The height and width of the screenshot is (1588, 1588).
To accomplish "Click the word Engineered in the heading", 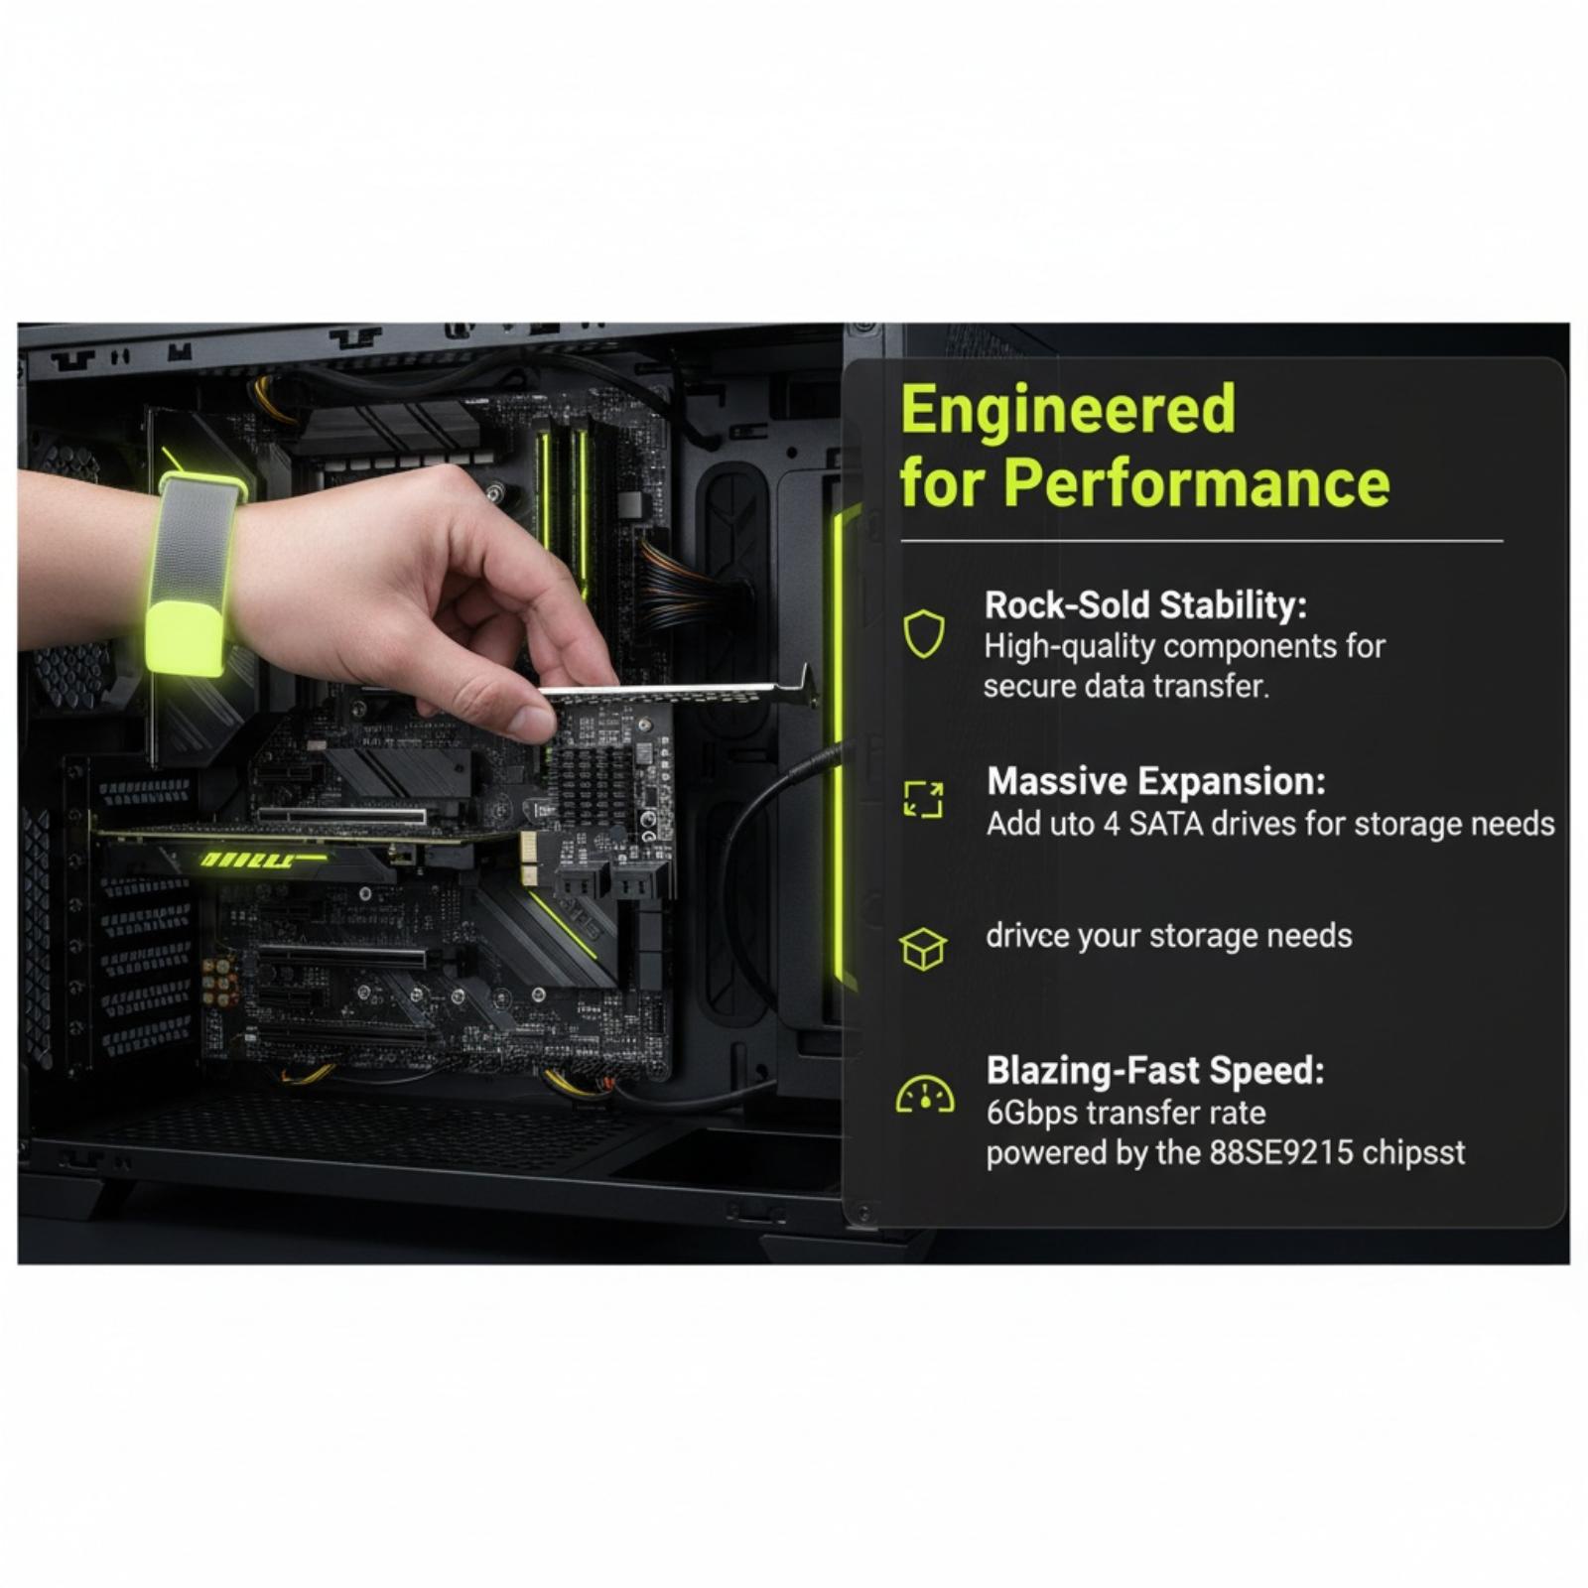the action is pyautogui.click(x=1068, y=409).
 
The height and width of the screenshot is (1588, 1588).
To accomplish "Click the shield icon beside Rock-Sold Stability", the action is pyautogui.click(x=923, y=633).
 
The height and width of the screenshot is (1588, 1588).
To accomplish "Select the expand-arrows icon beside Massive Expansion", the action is pyautogui.click(x=923, y=799).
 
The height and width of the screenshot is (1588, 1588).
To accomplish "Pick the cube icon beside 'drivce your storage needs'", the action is pyautogui.click(x=923, y=949).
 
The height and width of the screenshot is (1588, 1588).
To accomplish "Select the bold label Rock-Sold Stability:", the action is pyautogui.click(x=1145, y=604).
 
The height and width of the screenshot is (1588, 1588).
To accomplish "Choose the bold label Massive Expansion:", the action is pyautogui.click(x=1156, y=781).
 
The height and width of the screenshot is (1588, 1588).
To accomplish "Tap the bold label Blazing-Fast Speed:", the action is pyautogui.click(x=1155, y=1070).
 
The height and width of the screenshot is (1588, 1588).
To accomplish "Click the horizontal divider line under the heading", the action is pyautogui.click(x=1202, y=542).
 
